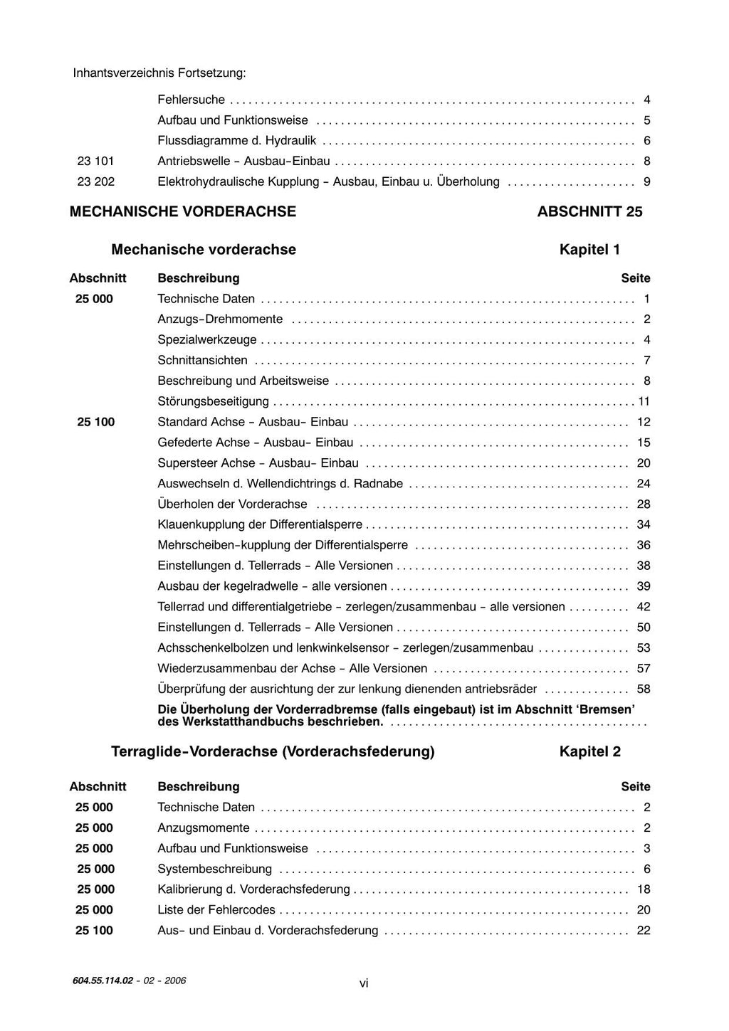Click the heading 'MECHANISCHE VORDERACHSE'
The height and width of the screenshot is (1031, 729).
tap(183, 211)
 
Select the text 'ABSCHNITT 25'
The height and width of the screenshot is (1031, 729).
tap(589, 211)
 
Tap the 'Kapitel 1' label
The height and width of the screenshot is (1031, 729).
tap(589, 250)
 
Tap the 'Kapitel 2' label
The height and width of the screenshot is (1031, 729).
tap(589, 751)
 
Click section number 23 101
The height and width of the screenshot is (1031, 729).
tap(95, 162)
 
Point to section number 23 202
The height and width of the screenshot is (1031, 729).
tap(95, 182)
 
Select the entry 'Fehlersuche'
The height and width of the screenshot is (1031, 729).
tap(191, 100)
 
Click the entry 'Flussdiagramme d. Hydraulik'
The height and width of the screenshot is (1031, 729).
tap(236, 141)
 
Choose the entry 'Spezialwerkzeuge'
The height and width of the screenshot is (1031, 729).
tap(206, 340)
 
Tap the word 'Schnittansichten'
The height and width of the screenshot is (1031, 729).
tap(202, 361)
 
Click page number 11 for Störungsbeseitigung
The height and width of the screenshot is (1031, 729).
tap(644, 402)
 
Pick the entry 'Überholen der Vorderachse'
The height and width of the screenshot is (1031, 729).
tap(232, 504)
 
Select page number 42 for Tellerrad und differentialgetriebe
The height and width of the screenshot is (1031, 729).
tap(644, 607)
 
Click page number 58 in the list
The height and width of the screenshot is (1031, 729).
tap(644, 689)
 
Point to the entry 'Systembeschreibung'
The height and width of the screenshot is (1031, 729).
tap(214, 869)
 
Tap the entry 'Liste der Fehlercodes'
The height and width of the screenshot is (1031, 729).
tap(216, 910)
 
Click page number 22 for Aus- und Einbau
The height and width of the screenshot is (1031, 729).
tap(644, 931)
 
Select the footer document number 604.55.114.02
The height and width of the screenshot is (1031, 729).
tap(103, 980)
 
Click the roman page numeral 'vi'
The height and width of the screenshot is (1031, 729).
tap(364, 983)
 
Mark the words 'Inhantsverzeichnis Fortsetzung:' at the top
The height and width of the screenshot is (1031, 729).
tap(159, 73)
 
